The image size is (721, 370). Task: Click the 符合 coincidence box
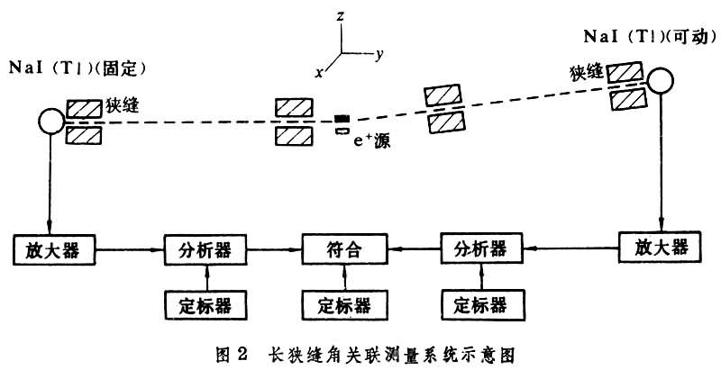[342, 248]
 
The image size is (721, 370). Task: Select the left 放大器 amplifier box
[54, 248]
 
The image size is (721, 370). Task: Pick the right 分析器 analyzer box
[482, 248]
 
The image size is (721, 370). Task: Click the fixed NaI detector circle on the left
[50, 120]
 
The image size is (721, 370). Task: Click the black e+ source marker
[341, 119]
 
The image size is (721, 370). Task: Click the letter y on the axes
[380, 54]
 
